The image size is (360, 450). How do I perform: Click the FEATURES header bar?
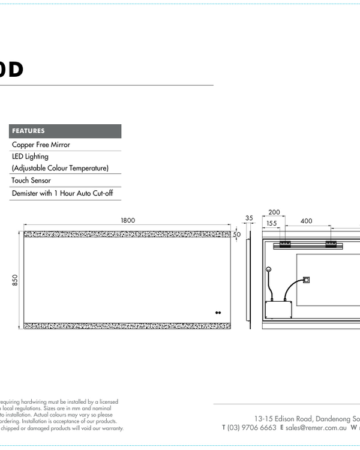[x=65, y=131]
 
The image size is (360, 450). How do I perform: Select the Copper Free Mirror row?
[x=41, y=145]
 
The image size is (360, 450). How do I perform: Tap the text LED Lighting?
[x=30, y=157]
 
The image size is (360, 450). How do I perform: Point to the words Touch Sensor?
[x=31, y=180]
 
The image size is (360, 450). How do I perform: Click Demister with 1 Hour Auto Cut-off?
[x=62, y=194]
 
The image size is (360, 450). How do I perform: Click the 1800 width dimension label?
[x=128, y=220]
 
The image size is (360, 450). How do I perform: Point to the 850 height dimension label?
[x=16, y=280]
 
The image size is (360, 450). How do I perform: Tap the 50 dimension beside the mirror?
[x=237, y=235]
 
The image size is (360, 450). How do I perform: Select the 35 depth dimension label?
[x=249, y=218]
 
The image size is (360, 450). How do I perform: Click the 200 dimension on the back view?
[x=274, y=212]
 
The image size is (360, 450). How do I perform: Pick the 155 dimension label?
[x=271, y=223]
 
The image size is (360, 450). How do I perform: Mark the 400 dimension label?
[x=306, y=221]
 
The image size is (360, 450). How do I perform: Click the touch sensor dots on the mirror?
[x=218, y=313]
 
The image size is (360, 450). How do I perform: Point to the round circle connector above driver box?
[x=268, y=270]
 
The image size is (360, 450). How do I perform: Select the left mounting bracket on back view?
[x=283, y=244]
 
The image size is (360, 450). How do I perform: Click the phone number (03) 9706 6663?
[x=252, y=428]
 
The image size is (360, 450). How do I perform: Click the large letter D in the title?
[x=15, y=70]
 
